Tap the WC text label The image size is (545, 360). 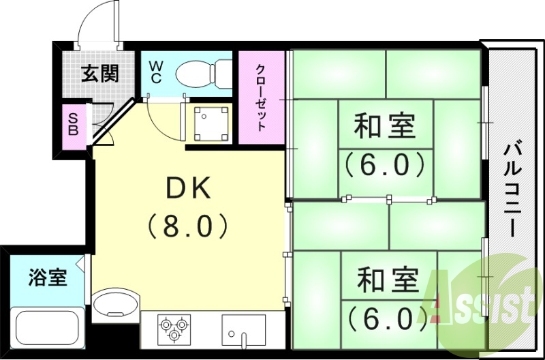coord(155,72)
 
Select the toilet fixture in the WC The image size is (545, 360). coord(204,73)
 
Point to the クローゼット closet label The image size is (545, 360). coord(262,97)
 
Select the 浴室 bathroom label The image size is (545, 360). coord(48,277)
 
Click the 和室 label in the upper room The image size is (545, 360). coord(384,127)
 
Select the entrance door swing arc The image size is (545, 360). coord(95,27)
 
